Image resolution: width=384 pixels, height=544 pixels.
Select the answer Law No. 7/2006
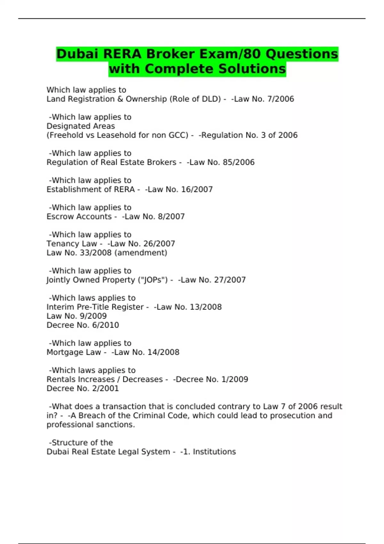(x=264, y=99)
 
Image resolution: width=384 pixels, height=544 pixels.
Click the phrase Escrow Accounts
(x=79, y=217)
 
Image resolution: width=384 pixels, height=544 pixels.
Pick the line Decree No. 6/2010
(x=83, y=325)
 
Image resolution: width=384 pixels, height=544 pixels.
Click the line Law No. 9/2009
(x=77, y=316)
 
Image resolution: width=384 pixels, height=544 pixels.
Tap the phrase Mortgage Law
(x=74, y=352)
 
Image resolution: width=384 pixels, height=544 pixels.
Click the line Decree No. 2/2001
(x=83, y=388)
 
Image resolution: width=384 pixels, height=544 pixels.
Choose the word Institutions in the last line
(x=214, y=452)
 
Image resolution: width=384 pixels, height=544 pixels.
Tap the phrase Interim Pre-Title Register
(x=95, y=307)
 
